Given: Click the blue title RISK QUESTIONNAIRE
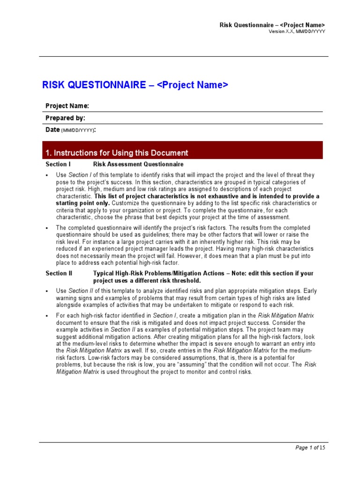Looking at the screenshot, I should coord(94,85).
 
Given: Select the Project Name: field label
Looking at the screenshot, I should coord(67,106).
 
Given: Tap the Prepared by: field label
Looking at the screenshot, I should coord(65,118).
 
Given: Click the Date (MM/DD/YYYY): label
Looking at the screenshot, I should coord(70,130).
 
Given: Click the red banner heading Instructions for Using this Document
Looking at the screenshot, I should coord(117,153).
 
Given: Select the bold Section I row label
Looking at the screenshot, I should coord(58,165).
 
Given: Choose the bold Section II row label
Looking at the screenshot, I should coord(59,273).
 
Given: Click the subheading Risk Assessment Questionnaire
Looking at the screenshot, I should coord(138,165).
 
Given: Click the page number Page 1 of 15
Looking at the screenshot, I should coord(310,448).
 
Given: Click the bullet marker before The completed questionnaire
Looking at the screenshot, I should coord(47,228).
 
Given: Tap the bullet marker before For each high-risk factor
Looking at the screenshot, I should coord(47,316).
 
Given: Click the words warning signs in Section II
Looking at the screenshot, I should coord(75,299).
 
